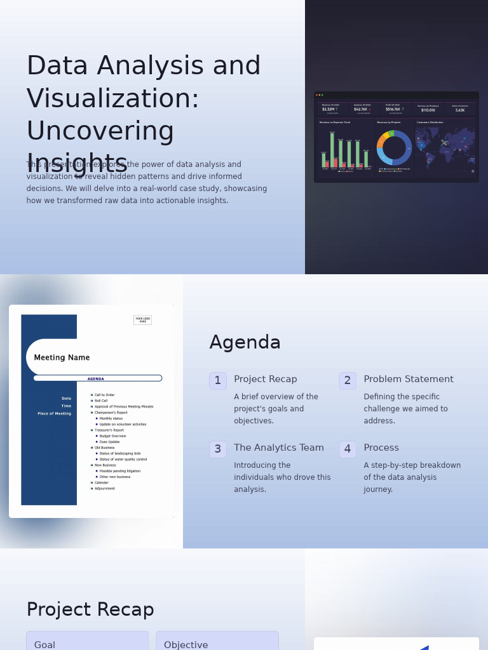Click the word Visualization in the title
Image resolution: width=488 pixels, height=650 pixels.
[112, 99]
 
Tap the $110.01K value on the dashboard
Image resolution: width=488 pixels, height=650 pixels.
[428, 110]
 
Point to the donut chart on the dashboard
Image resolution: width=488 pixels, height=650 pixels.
[394, 148]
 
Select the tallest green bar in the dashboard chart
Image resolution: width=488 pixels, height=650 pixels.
[332, 150]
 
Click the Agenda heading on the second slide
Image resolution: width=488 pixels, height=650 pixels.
[245, 343]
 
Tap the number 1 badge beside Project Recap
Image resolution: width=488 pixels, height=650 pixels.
[218, 381]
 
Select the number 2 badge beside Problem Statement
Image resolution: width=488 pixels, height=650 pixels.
[348, 381]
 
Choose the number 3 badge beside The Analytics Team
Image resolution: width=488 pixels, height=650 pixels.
[218, 449]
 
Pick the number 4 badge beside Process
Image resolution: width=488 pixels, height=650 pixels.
[348, 449]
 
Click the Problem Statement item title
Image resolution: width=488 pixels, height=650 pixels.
[408, 380]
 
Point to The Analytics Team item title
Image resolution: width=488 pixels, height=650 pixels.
[278, 448]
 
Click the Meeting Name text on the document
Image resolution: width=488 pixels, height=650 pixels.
[62, 358]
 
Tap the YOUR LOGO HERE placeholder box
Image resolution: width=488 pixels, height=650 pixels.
[142, 320]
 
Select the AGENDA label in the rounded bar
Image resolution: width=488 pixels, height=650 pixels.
[96, 379]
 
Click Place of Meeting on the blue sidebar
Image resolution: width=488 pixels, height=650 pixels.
[54, 414]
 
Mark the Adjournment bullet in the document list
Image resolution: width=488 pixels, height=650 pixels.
[104, 489]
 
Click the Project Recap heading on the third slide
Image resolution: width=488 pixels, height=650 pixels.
[90, 610]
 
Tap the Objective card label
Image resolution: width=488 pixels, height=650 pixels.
[186, 645]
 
